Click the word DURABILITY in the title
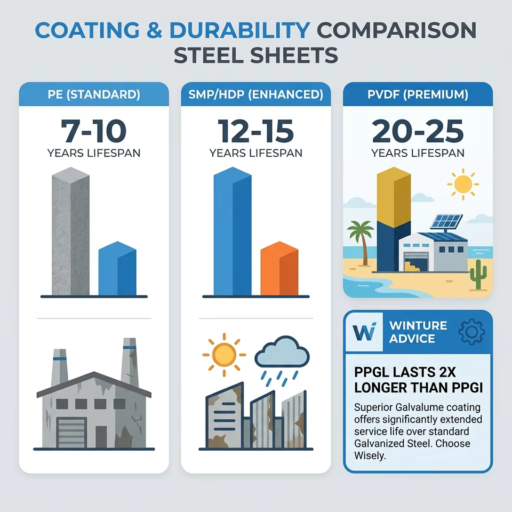pos(239,30)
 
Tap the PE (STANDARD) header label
pos(94,94)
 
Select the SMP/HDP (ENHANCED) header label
pos(255,94)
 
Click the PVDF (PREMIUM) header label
pos(418,94)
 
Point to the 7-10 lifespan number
pos(94,131)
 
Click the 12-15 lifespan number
pos(255,131)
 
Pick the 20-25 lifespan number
pos(418,131)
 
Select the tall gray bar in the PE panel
pos(70,231)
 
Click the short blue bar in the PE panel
pos(117,268)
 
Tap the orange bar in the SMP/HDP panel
pos(279,268)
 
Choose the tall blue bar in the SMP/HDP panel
pos(233,231)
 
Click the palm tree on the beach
pos(362,242)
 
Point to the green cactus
pos(478,275)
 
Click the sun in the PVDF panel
pos(463,184)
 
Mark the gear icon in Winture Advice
pos(471,332)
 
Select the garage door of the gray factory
pos(71,433)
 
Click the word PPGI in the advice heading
pos(467,388)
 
